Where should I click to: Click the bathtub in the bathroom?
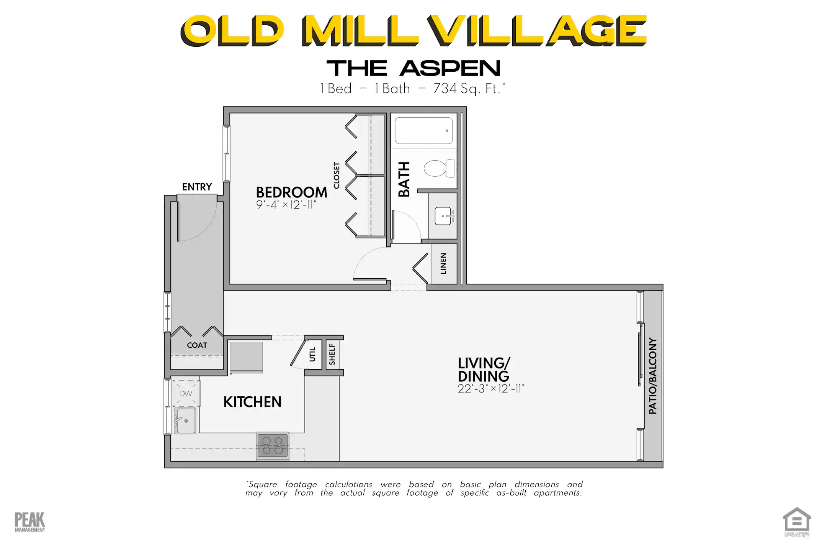point(423,131)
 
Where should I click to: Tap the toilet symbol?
point(439,168)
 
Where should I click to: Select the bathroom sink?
point(444,216)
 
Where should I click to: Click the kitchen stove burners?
point(273,446)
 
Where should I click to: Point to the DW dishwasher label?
point(186,394)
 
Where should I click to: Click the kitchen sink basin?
point(185,421)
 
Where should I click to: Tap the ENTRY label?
point(197,187)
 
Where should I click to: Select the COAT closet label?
point(197,345)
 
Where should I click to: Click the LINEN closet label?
point(443,264)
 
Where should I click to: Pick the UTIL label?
point(312,355)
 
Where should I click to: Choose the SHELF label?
point(332,355)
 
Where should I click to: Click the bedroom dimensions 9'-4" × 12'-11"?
point(286,205)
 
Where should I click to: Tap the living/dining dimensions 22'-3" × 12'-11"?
point(490,389)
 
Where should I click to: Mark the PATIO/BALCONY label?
point(652,376)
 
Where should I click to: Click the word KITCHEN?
point(252,402)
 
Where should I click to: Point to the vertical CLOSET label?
point(337,176)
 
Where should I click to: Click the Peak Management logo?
point(29,522)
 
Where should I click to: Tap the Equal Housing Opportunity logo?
point(796,522)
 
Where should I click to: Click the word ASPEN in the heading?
point(450,69)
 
